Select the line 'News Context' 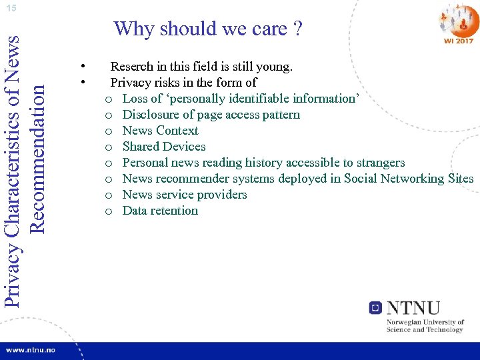pos(160,131)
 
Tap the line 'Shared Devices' pos(164,147)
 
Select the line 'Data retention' pos(160,211)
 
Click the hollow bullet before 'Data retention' pos(108,211)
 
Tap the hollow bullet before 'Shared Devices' pos(108,147)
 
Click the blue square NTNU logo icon pos(375,307)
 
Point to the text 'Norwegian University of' pos(425,322)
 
